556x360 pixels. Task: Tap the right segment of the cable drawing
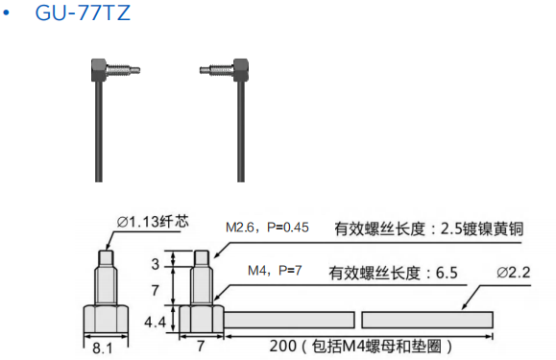(x=427, y=319)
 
